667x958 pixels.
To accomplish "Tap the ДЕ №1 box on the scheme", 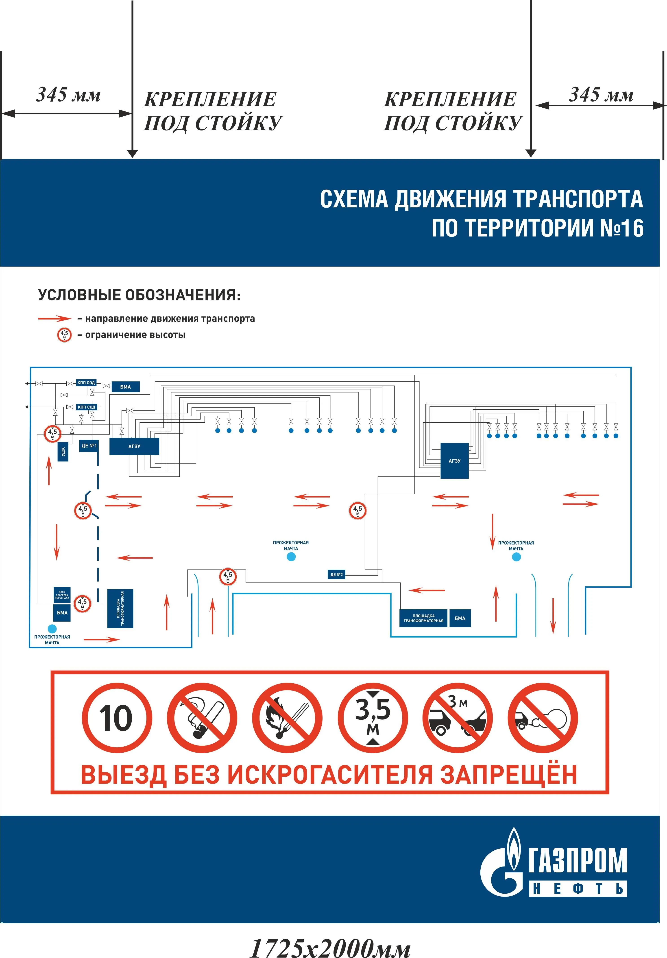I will [89, 446].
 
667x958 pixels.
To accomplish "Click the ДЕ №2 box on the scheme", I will [336, 575].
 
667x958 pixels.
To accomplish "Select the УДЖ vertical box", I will [63, 452].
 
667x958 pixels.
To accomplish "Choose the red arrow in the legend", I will [55, 319].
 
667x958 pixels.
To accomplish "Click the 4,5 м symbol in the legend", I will [64, 335].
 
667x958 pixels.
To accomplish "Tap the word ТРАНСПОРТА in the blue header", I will [578, 199].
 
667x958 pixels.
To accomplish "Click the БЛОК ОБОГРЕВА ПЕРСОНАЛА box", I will [62, 595].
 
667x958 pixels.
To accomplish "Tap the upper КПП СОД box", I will [86, 382].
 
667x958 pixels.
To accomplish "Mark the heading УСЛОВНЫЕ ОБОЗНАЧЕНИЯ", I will [140, 295].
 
